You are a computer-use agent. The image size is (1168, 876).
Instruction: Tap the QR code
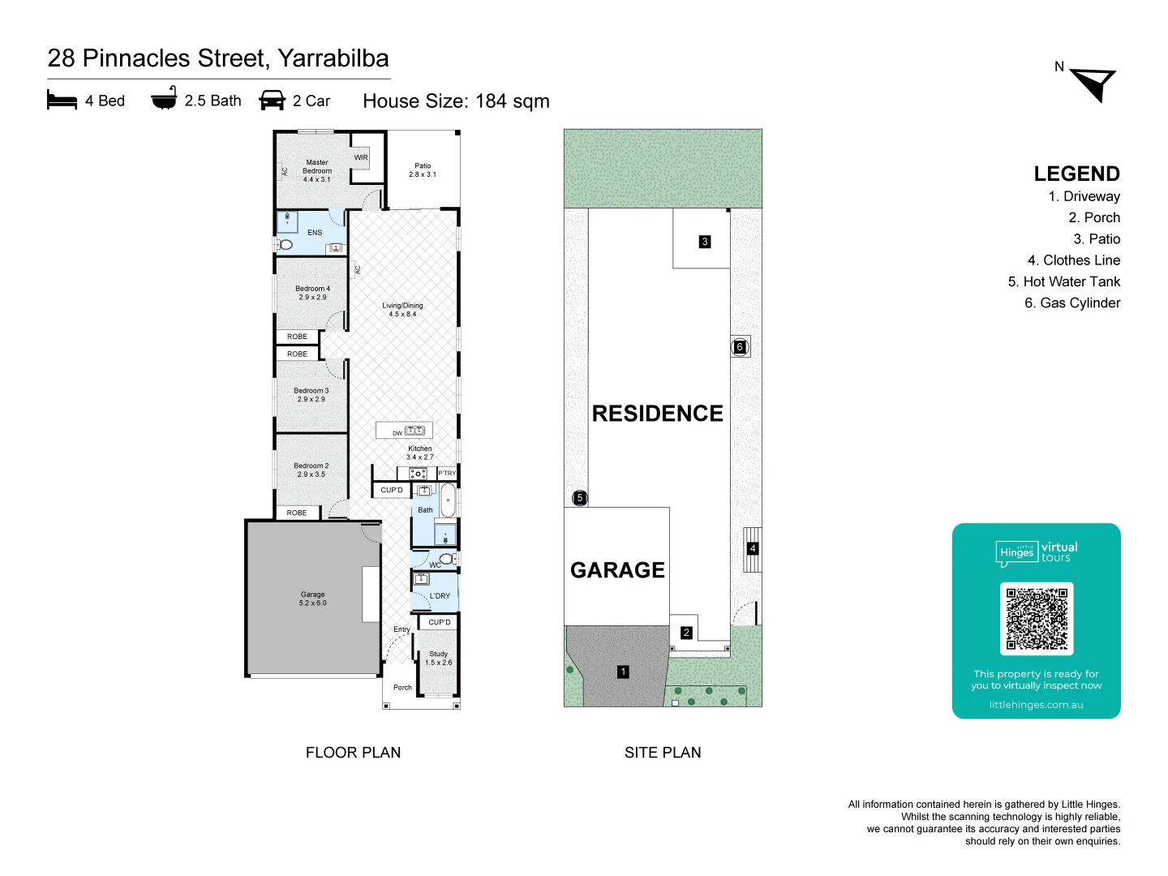point(1037,619)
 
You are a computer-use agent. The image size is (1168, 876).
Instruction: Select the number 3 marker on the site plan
point(705,242)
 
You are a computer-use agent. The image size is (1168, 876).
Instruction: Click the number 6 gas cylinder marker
point(740,347)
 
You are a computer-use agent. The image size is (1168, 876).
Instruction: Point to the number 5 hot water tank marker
point(579,498)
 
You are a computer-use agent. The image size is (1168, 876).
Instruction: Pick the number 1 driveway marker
point(623,672)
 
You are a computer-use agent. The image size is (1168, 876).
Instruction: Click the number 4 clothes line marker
point(753,548)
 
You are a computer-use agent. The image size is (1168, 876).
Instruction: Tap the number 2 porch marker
point(686,633)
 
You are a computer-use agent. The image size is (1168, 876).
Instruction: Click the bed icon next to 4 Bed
point(62,100)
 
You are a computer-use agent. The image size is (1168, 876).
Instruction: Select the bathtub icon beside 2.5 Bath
point(164,98)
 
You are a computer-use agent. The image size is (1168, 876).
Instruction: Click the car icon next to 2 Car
point(272,100)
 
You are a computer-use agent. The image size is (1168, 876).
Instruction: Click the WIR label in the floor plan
point(361,157)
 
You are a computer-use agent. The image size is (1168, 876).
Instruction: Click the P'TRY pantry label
point(447,473)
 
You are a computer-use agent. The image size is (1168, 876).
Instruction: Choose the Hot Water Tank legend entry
point(1063,281)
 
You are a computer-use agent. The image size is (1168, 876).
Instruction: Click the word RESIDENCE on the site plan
point(657,414)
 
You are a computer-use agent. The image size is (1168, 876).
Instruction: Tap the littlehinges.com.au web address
point(1036,705)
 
